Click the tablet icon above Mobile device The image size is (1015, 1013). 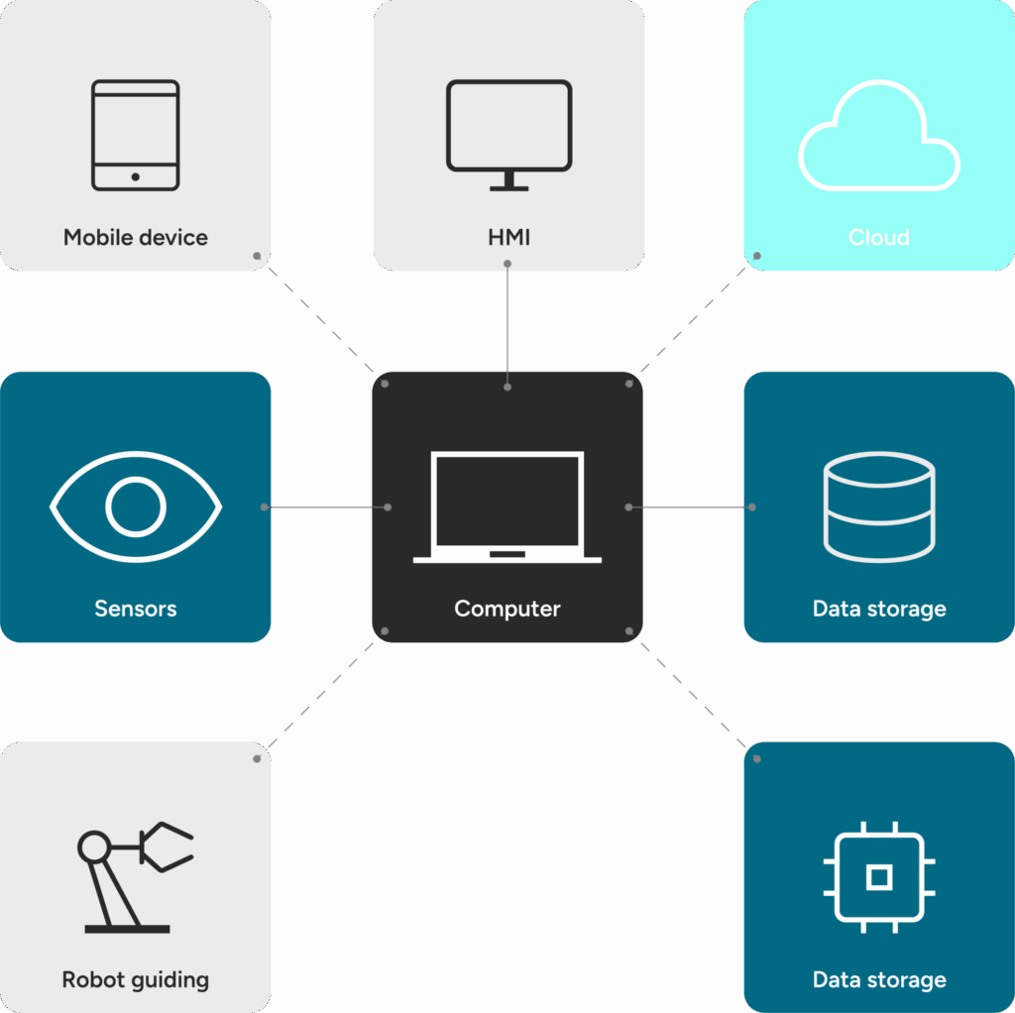click(136, 135)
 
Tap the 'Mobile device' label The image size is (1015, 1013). click(136, 238)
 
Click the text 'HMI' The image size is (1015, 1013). click(508, 238)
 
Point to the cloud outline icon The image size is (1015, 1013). click(879, 139)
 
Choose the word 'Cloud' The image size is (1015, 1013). click(879, 238)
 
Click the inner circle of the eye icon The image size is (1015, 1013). click(136, 506)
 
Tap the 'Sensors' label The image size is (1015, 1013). click(136, 609)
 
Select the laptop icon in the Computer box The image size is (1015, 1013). click(507, 507)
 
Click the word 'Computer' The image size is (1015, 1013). click(507, 609)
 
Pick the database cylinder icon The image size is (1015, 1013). click(879, 506)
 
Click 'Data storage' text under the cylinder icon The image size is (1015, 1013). click(879, 609)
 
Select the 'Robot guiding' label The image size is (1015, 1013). click(136, 980)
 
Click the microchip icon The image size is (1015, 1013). click(879, 876)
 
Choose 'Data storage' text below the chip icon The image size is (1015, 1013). click(879, 980)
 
